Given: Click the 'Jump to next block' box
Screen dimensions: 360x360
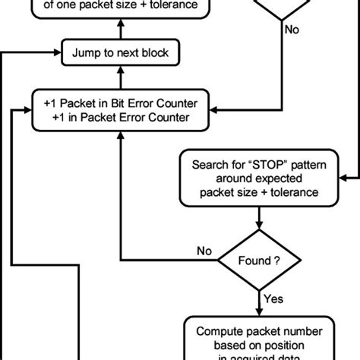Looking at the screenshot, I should [x=118, y=53].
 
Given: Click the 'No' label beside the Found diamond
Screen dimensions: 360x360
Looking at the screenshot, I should [x=204, y=251].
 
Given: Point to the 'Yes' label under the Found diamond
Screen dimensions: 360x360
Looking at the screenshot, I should [x=274, y=299].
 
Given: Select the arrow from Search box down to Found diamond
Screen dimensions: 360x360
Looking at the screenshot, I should [x=259, y=220].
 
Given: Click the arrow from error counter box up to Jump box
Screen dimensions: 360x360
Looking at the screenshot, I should [x=118, y=77].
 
